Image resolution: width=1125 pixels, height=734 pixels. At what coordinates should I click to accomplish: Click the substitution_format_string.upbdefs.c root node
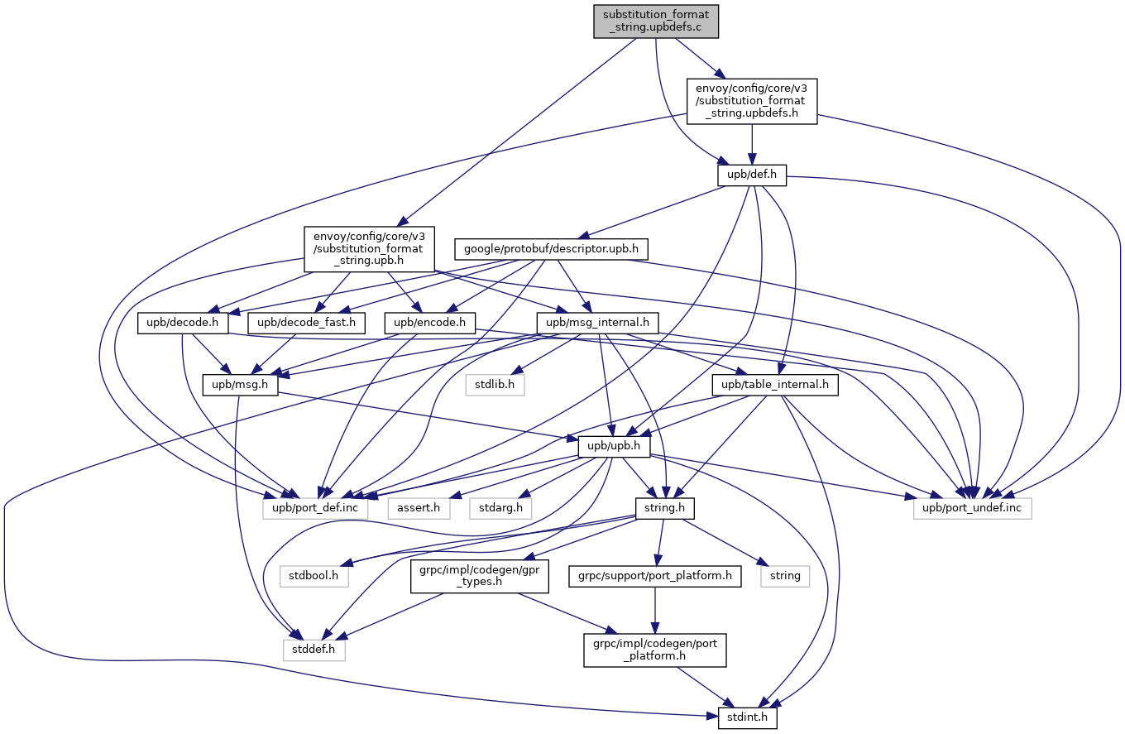coord(656,22)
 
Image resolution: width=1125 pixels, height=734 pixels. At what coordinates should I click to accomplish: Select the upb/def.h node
coord(751,175)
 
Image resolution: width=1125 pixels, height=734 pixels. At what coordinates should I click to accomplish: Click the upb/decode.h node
coord(183,323)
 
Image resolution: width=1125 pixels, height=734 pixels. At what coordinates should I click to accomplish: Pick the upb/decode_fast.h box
coord(306,323)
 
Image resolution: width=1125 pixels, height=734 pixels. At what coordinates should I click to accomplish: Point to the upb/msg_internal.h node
coord(597,323)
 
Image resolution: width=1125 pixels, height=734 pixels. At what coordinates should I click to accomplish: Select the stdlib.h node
coord(495,385)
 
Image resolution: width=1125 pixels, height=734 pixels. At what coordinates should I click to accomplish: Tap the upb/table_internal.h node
coord(775,385)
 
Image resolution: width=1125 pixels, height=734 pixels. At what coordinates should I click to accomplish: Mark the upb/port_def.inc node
coord(315,506)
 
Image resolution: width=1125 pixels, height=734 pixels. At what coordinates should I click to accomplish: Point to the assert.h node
coord(419,506)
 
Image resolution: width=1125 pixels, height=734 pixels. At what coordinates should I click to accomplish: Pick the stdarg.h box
coord(501,506)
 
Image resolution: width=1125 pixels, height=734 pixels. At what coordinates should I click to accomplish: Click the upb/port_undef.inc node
coord(973,506)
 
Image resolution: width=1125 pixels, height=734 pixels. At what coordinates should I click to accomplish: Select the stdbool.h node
coord(314,575)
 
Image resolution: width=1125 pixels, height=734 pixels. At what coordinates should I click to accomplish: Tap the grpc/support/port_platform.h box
coord(654,575)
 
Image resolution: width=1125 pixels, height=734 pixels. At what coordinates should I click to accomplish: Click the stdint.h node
coord(747,717)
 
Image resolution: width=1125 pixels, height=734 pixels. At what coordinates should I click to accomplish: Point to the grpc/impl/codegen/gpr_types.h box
coord(480,575)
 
